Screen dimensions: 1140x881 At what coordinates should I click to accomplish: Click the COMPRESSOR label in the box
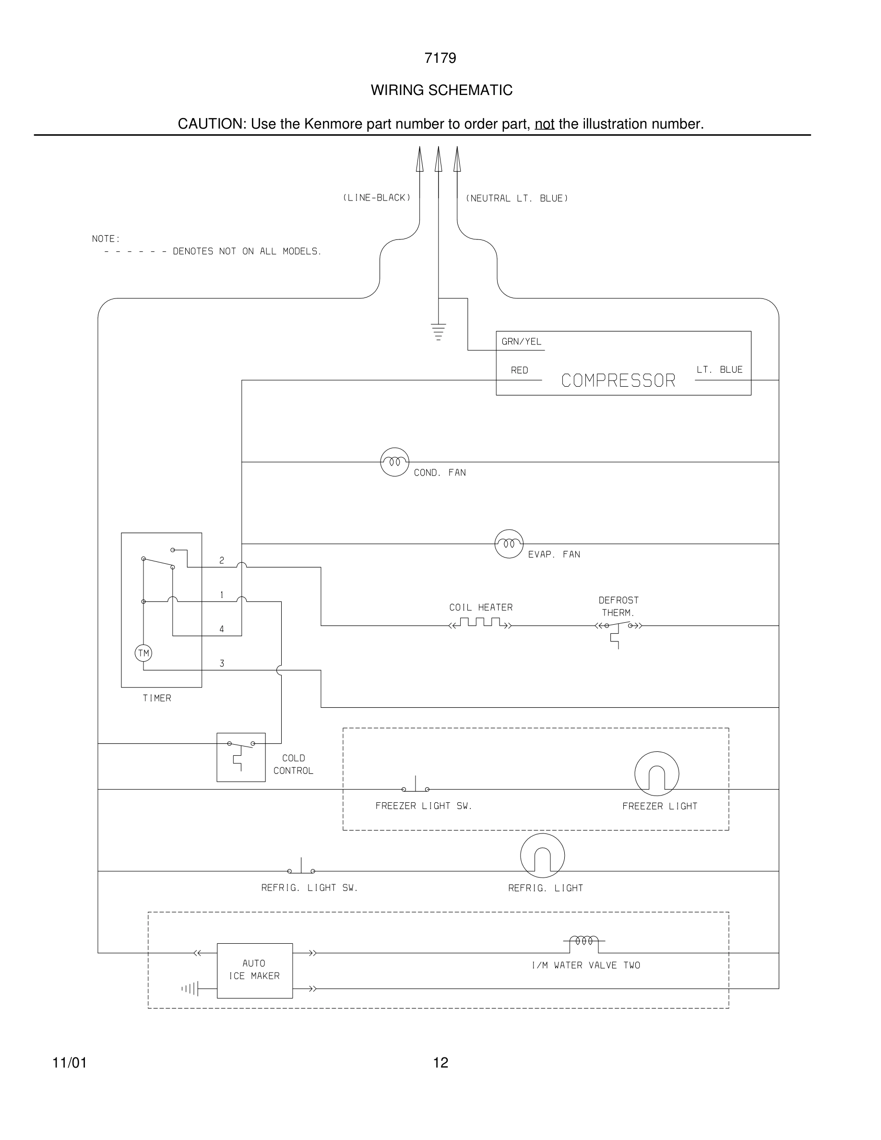(618, 380)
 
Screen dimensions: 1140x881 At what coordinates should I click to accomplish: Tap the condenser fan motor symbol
(394, 462)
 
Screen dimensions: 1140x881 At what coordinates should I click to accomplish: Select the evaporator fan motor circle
(509, 544)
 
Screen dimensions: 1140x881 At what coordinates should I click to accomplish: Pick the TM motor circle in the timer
(143, 653)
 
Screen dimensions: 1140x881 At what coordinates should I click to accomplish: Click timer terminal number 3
(222, 664)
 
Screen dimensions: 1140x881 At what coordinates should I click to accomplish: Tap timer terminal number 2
(222, 560)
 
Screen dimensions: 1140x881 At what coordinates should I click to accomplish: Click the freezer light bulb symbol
(656, 774)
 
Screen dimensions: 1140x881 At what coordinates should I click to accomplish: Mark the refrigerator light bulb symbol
(542, 855)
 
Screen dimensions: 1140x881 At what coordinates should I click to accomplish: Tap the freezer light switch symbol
(416, 786)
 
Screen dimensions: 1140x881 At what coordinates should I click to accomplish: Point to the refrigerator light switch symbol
(301, 868)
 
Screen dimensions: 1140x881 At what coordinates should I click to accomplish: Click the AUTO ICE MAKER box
(255, 970)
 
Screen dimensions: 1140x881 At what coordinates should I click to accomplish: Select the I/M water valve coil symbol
(584, 940)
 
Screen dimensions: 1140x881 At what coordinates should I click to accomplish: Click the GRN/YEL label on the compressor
(522, 342)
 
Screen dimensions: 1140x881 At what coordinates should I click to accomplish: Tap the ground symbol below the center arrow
(439, 332)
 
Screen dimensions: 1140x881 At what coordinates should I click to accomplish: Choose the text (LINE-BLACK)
(376, 198)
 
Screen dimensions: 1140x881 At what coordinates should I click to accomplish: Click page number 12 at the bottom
(440, 1063)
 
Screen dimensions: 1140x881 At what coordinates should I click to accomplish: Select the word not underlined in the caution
(544, 124)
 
